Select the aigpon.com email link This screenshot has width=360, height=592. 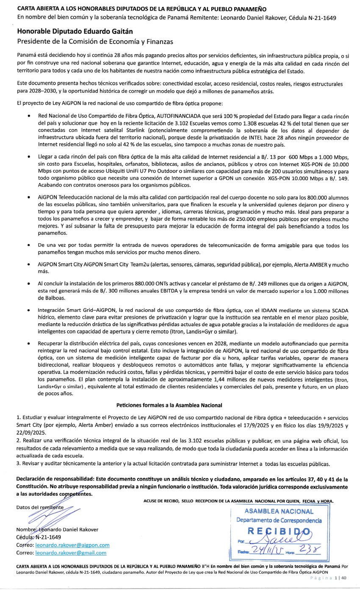tap(72, 545)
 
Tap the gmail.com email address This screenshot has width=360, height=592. tap(71, 553)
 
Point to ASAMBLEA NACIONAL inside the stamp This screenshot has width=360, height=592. tap(279, 511)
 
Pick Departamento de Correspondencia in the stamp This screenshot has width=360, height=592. tap(279, 520)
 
